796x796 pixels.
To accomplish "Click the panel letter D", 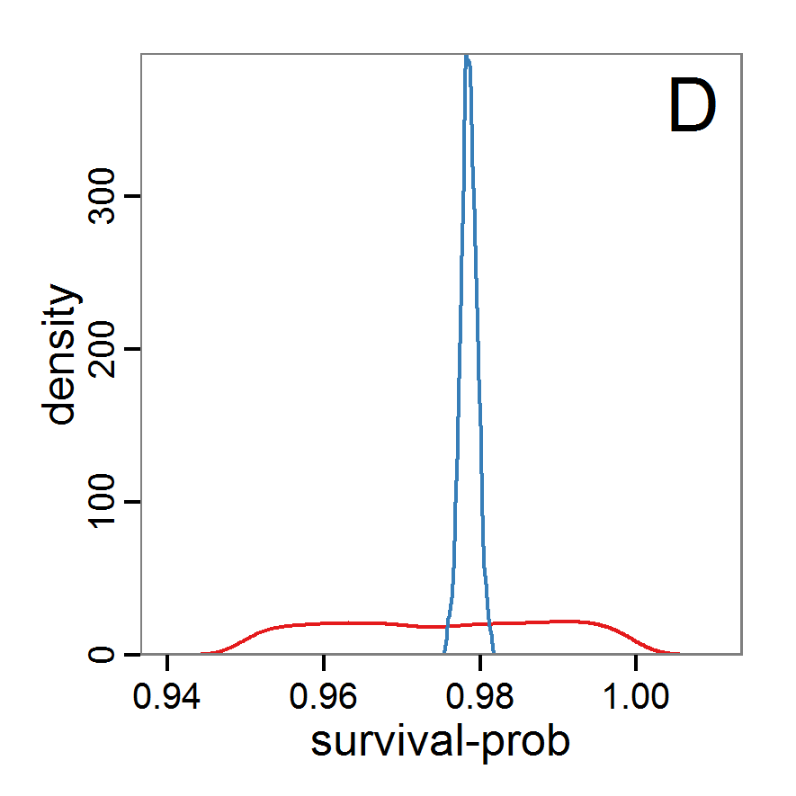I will [x=692, y=107].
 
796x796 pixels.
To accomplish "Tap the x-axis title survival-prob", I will [x=441, y=743].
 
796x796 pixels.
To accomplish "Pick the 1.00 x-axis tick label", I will [x=636, y=695].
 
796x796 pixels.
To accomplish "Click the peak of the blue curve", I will [x=467, y=58].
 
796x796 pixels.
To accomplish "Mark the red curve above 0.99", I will [x=559, y=622].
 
